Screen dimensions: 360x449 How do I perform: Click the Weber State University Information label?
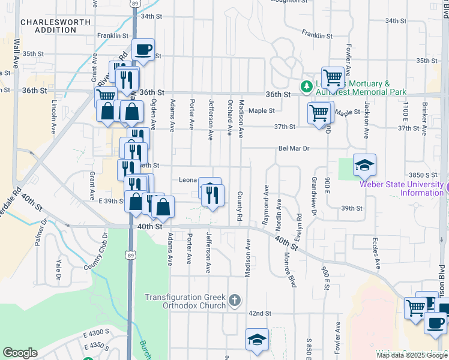402,188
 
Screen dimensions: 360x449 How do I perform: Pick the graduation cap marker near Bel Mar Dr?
364,164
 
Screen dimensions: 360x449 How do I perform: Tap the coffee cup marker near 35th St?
143,50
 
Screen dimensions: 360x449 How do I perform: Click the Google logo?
20,353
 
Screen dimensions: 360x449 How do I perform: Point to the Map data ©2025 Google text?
412,355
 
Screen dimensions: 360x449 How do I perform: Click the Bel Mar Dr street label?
293,148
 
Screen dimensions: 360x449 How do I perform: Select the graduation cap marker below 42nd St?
257,339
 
